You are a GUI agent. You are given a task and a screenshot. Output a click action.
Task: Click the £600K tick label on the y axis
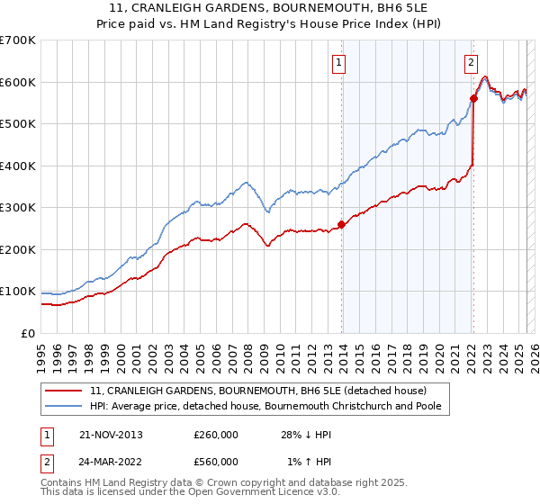coord(18,82)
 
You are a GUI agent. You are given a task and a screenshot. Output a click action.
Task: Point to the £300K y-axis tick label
coord(18,208)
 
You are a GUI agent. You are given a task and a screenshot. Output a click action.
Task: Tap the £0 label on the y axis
coord(27,333)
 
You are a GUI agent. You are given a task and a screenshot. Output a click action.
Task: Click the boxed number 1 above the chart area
coord(339,62)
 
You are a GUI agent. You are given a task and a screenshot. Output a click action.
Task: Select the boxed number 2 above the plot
coord(471,62)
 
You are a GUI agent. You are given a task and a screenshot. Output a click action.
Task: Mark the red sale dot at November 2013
coord(342,224)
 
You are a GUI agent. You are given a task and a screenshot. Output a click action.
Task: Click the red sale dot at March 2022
coord(474,99)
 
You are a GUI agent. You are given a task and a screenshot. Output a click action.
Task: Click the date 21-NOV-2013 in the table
coord(111,435)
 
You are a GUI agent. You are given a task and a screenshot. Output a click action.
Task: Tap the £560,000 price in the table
coord(216,462)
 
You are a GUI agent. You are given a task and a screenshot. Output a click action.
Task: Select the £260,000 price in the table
coord(216,435)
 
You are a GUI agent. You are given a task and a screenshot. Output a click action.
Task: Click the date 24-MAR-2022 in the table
coord(112,462)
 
